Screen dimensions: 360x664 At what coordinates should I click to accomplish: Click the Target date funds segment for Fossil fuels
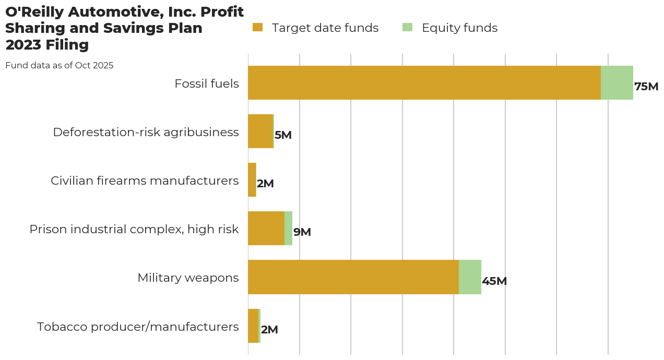[424, 82]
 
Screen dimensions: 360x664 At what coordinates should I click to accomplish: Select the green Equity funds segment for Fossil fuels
[617, 82]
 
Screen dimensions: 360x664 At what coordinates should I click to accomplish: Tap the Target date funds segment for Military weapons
[353, 277]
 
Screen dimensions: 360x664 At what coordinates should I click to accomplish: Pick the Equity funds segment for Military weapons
[470, 277]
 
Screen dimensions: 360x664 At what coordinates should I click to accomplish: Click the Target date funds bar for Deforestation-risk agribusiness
[260, 131]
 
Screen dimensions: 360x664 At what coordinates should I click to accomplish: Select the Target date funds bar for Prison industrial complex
[266, 229]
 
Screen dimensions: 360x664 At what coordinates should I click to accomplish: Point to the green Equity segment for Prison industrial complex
[288, 229]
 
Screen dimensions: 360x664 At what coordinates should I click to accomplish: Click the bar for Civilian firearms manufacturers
[252, 180]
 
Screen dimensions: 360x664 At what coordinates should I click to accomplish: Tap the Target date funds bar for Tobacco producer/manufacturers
[253, 326]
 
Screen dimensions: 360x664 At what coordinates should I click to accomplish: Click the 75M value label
[646, 87]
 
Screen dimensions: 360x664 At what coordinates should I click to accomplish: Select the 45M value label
[494, 281]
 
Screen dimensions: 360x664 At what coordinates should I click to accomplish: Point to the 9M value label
[302, 233]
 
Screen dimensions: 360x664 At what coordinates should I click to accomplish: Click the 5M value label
[283, 136]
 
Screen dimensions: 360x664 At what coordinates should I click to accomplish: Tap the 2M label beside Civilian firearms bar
[265, 184]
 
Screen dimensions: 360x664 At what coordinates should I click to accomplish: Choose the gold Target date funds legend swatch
[257, 28]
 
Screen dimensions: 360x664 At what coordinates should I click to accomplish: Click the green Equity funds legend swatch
[407, 28]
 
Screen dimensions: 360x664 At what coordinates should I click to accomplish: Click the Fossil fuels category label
[206, 83]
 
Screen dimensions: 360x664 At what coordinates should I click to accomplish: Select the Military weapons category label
[188, 278]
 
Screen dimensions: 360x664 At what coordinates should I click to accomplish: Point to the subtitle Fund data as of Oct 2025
[59, 66]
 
